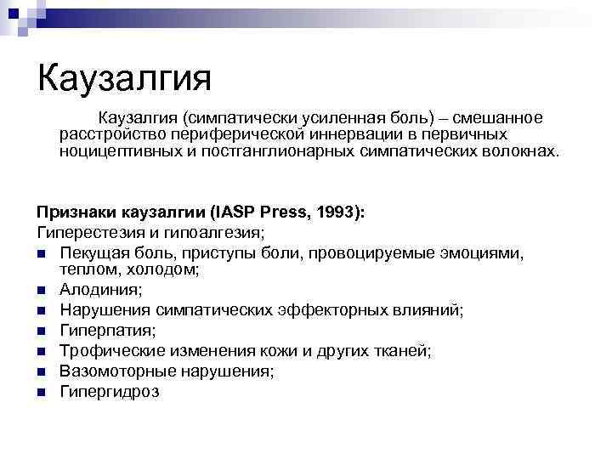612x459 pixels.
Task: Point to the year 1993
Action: click(336, 212)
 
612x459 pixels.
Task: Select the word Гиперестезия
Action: click(86, 230)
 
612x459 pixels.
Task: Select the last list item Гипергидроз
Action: click(109, 392)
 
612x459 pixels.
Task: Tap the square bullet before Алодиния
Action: click(41, 291)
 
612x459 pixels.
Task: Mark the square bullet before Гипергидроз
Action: click(41, 392)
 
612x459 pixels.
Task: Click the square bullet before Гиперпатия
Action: click(41, 331)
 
